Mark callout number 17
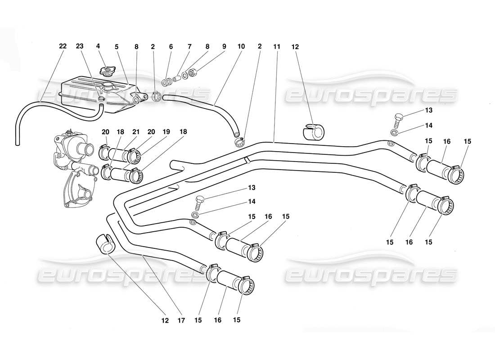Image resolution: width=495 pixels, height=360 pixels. [181, 321]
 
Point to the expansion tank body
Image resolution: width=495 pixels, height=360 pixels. [94, 94]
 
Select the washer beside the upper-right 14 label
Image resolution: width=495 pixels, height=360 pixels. [394, 132]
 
